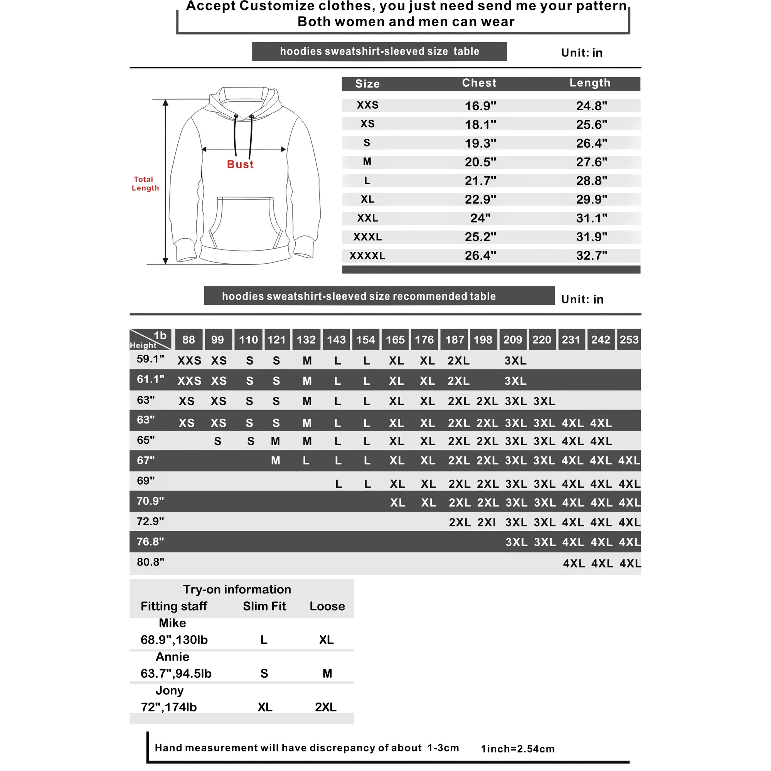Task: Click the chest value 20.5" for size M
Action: click(480, 162)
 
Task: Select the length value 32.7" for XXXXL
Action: click(591, 256)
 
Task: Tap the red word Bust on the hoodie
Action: click(240, 165)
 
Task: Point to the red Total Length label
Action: click(145, 183)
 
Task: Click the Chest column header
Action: click(479, 83)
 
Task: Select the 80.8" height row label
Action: click(150, 562)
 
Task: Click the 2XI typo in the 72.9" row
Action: click(487, 522)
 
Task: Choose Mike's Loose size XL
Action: click(326, 640)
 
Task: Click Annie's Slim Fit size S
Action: click(264, 673)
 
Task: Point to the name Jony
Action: click(170, 690)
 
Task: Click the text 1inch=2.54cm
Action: click(518, 749)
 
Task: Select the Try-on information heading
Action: click(237, 589)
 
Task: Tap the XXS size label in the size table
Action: click(367, 105)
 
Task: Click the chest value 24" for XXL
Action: click(480, 218)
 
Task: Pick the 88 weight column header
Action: click(189, 340)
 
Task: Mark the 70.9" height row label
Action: click(150, 501)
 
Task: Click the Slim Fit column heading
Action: click(264, 606)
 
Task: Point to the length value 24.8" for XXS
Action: click(591, 106)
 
